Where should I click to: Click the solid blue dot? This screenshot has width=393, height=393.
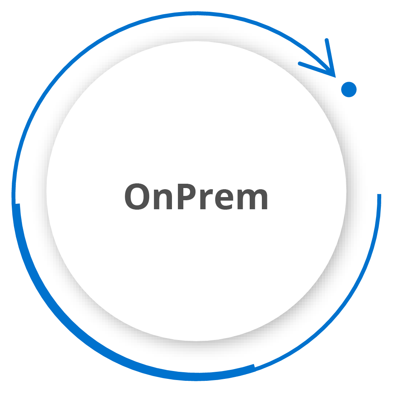[349, 90]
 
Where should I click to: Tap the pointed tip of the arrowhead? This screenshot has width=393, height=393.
[335, 77]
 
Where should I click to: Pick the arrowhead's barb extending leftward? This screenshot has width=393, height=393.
[317, 69]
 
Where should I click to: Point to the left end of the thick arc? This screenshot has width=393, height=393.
[18, 204]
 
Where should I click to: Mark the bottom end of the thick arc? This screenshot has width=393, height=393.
[255, 368]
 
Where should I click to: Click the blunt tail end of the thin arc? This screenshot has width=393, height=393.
[379, 194]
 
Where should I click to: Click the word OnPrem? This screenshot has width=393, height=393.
[196, 196]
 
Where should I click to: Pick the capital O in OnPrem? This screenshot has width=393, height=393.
[137, 196]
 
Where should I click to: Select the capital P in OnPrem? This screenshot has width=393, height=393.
[187, 196]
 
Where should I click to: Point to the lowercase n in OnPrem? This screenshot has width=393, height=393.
[163, 199]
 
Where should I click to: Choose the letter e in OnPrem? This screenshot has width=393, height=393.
[224, 199]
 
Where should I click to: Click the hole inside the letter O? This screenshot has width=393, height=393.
[137, 196]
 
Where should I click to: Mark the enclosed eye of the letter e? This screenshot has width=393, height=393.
[225, 195]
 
